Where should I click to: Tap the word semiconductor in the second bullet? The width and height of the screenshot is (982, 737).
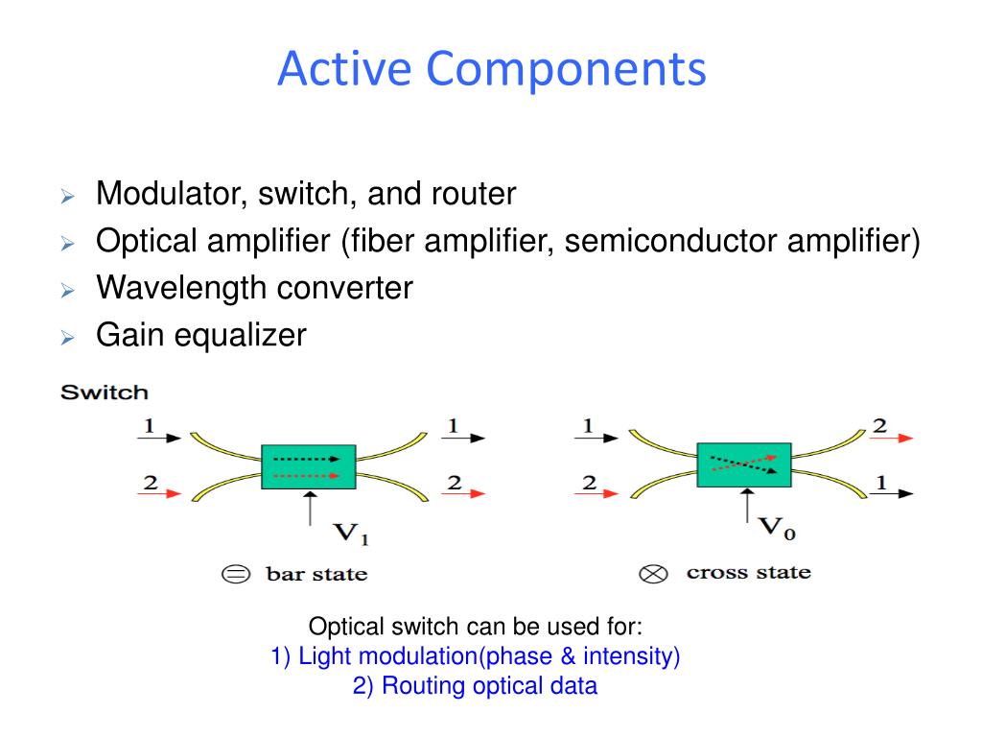point(670,241)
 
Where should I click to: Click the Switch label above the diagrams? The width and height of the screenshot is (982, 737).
point(105,392)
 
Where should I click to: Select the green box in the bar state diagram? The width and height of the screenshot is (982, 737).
point(308,466)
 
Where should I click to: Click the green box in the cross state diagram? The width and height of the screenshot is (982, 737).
point(743,464)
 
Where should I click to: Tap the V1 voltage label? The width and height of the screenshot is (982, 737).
point(350,534)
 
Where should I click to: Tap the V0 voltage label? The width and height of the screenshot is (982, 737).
point(779,527)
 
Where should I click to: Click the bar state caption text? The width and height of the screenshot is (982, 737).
point(316,575)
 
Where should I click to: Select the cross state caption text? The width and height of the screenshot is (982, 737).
point(748,573)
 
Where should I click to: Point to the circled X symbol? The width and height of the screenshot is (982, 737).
point(653,575)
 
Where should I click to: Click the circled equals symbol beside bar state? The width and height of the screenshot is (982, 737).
point(235,575)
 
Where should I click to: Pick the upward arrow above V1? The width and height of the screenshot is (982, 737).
point(309,508)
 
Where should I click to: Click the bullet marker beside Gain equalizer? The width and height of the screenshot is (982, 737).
point(67,337)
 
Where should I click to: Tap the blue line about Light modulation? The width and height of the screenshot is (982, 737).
point(476,657)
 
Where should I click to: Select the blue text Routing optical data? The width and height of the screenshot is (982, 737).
point(475,686)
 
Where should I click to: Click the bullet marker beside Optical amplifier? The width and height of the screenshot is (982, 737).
point(67,243)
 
